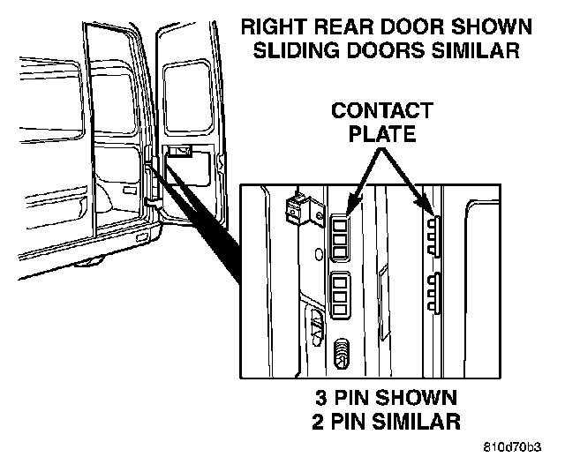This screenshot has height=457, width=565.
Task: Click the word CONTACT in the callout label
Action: click(x=382, y=112)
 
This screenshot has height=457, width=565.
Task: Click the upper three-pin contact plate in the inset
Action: click(x=343, y=234)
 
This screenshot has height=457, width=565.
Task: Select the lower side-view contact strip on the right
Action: click(x=433, y=293)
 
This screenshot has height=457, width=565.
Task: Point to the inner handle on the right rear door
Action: click(x=183, y=151)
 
